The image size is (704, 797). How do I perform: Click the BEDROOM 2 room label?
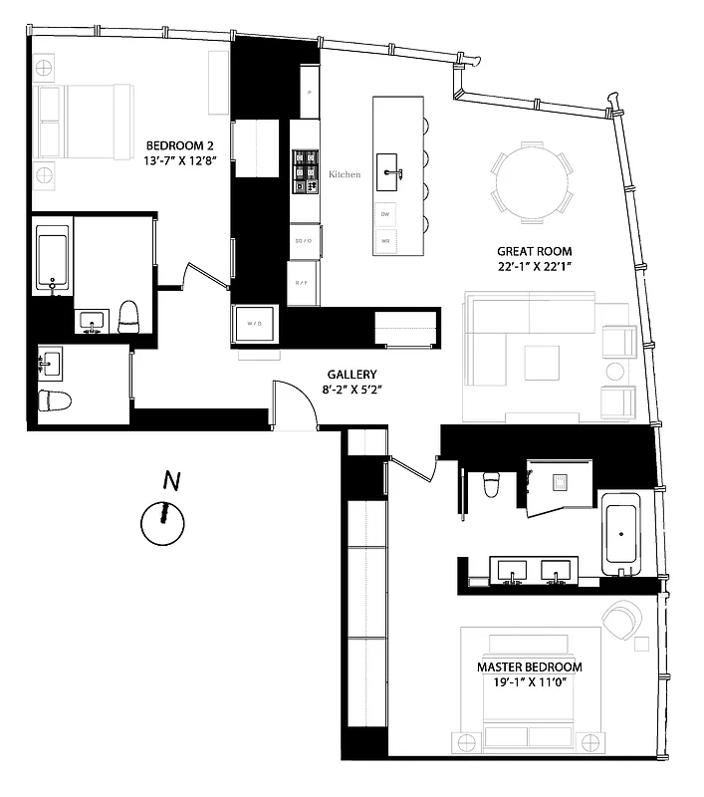pyautogui.click(x=179, y=145)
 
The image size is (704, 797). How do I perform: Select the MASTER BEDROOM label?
pyautogui.click(x=529, y=666)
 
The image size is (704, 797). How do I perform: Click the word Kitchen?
pyautogui.click(x=344, y=174)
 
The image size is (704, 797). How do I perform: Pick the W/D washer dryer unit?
pyautogui.click(x=254, y=324)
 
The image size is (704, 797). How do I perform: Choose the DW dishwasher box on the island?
pyautogui.click(x=385, y=214)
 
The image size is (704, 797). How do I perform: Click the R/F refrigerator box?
pyautogui.click(x=302, y=283)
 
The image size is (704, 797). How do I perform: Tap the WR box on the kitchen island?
pyautogui.click(x=385, y=240)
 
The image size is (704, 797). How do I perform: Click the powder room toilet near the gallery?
pyautogui.click(x=56, y=401)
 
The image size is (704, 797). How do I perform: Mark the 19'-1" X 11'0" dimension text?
pyautogui.click(x=529, y=684)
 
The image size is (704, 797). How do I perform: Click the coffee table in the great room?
pyautogui.click(x=544, y=361)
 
